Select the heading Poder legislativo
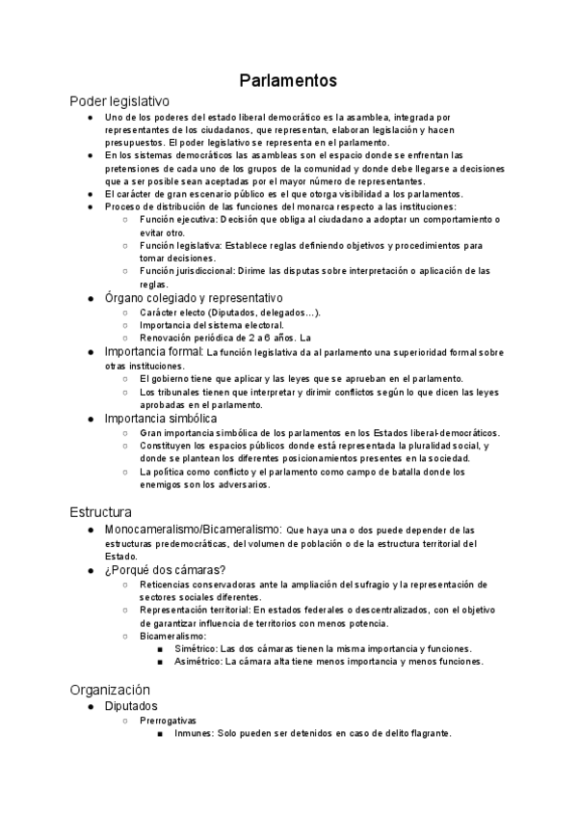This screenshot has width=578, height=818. (119, 100)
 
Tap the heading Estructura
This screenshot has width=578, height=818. (101, 511)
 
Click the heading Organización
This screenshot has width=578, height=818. (111, 690)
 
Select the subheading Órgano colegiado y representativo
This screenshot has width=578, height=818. (194, 298)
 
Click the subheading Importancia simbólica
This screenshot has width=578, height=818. (161, 419)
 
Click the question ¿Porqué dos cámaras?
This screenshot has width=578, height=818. (165, 570)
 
